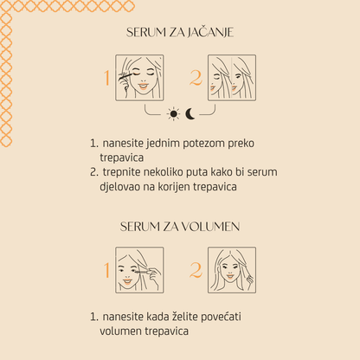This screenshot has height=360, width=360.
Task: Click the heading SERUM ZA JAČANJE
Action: click(180, 32)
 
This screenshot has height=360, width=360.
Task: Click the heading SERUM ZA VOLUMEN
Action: click(180, 227)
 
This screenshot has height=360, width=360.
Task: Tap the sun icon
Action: click(172, 113)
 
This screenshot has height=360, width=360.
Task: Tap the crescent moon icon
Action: click(190, 113)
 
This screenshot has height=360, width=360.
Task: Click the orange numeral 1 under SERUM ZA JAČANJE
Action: click(107, 78)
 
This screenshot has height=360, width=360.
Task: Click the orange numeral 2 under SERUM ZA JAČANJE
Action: click(196, 78)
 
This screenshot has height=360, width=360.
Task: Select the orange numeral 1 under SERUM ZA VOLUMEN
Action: click(107, 270)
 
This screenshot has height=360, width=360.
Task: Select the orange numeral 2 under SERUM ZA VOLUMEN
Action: click(196, 270)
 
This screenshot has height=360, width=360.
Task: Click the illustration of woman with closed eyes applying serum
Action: click(140, 78)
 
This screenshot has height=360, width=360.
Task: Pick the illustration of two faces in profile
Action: click(232, 78)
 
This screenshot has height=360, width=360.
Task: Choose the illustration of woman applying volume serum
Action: click(140, 270)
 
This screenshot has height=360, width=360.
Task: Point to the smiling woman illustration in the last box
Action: click(232, 270)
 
